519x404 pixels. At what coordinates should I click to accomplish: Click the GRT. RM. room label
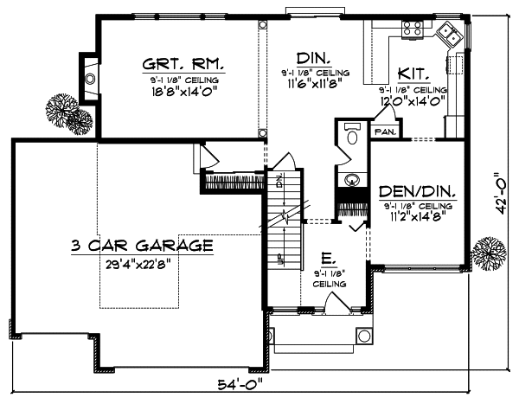(x=184, y=64)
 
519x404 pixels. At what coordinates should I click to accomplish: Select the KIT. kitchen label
(x=410, y=74)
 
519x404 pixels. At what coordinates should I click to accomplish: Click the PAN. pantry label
(x=383, y=131)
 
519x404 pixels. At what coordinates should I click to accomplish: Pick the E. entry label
(x=328, y=257)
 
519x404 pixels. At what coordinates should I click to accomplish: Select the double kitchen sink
(x=449, y=35)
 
